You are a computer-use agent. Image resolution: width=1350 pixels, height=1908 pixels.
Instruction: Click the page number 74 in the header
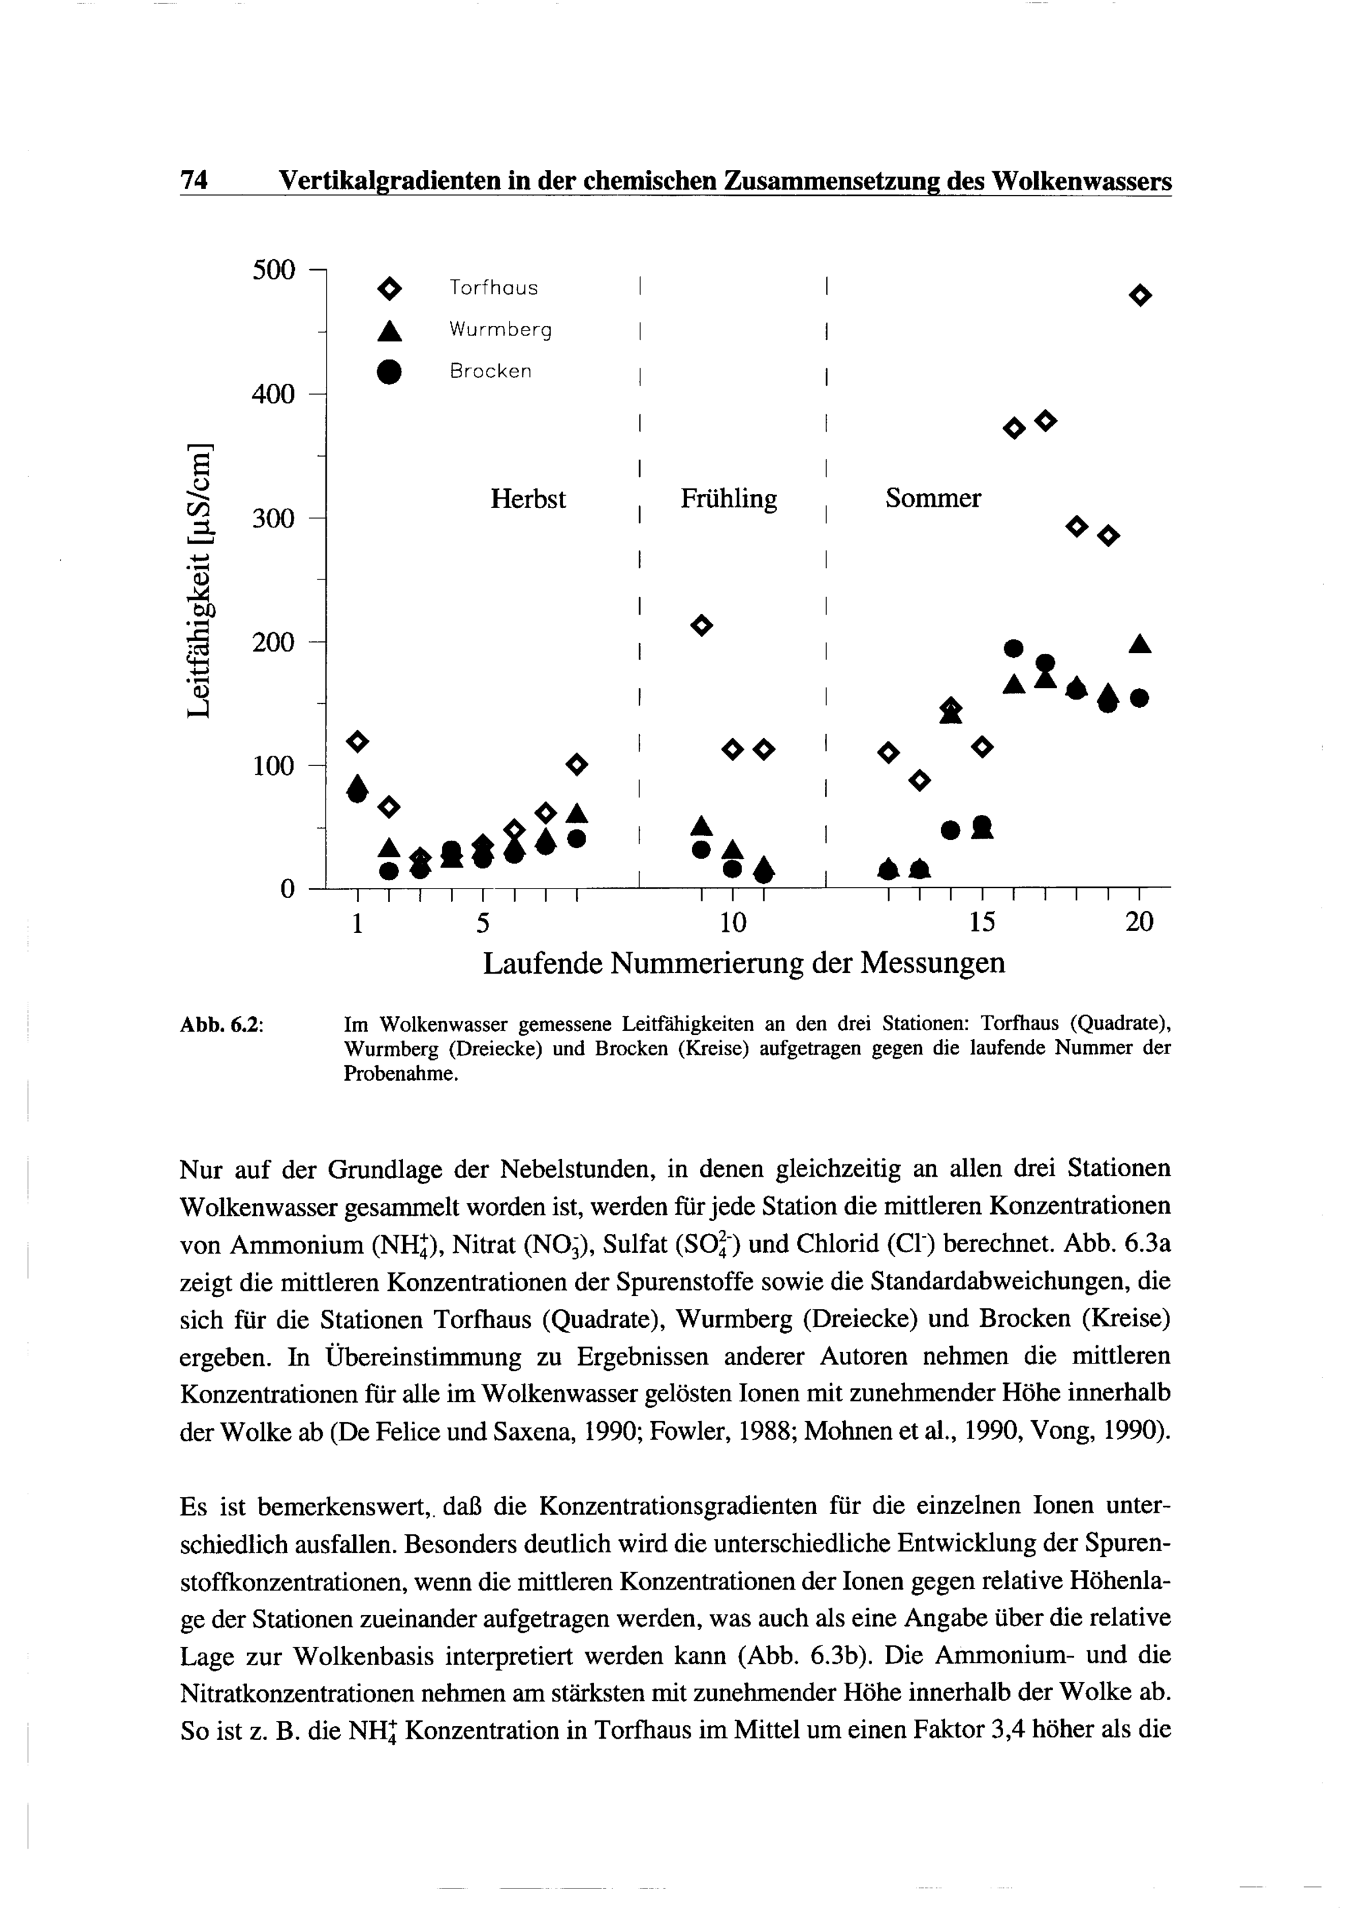pyautogui.click(x=194, y=179)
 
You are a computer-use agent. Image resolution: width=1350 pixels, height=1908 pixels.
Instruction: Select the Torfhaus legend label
pyautogui.click(x=494, y=288)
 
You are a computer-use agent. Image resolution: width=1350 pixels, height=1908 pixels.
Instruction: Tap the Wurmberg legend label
pyautogui.click(x=500, y=330)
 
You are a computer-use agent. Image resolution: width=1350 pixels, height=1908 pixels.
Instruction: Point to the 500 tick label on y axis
pyautogui.click(x=273, y=270)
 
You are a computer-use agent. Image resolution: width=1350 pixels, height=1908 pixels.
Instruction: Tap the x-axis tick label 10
pyautogui.click(x=732, y=922)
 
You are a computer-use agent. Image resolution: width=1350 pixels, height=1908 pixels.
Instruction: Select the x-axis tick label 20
pyautogui.click(x=1139, y=922)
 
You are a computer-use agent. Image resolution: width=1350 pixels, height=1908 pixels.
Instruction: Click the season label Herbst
pyautogui.click(x=528, y=499)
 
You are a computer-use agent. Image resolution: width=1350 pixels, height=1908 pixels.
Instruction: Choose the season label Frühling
pyautogui.click(x=729, y=499)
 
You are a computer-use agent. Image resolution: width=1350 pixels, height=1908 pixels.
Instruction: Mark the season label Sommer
pyautogui.click(x=933, y=499)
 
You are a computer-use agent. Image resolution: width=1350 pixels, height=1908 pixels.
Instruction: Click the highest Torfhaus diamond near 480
pyautogui.click(x=1141, y=295)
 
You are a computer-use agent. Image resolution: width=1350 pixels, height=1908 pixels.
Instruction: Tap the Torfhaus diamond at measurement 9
pyautogui.click(x=703, y=625)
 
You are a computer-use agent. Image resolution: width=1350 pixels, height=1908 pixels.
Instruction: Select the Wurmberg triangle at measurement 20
pyautogui.click(x=1141, y=644)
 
